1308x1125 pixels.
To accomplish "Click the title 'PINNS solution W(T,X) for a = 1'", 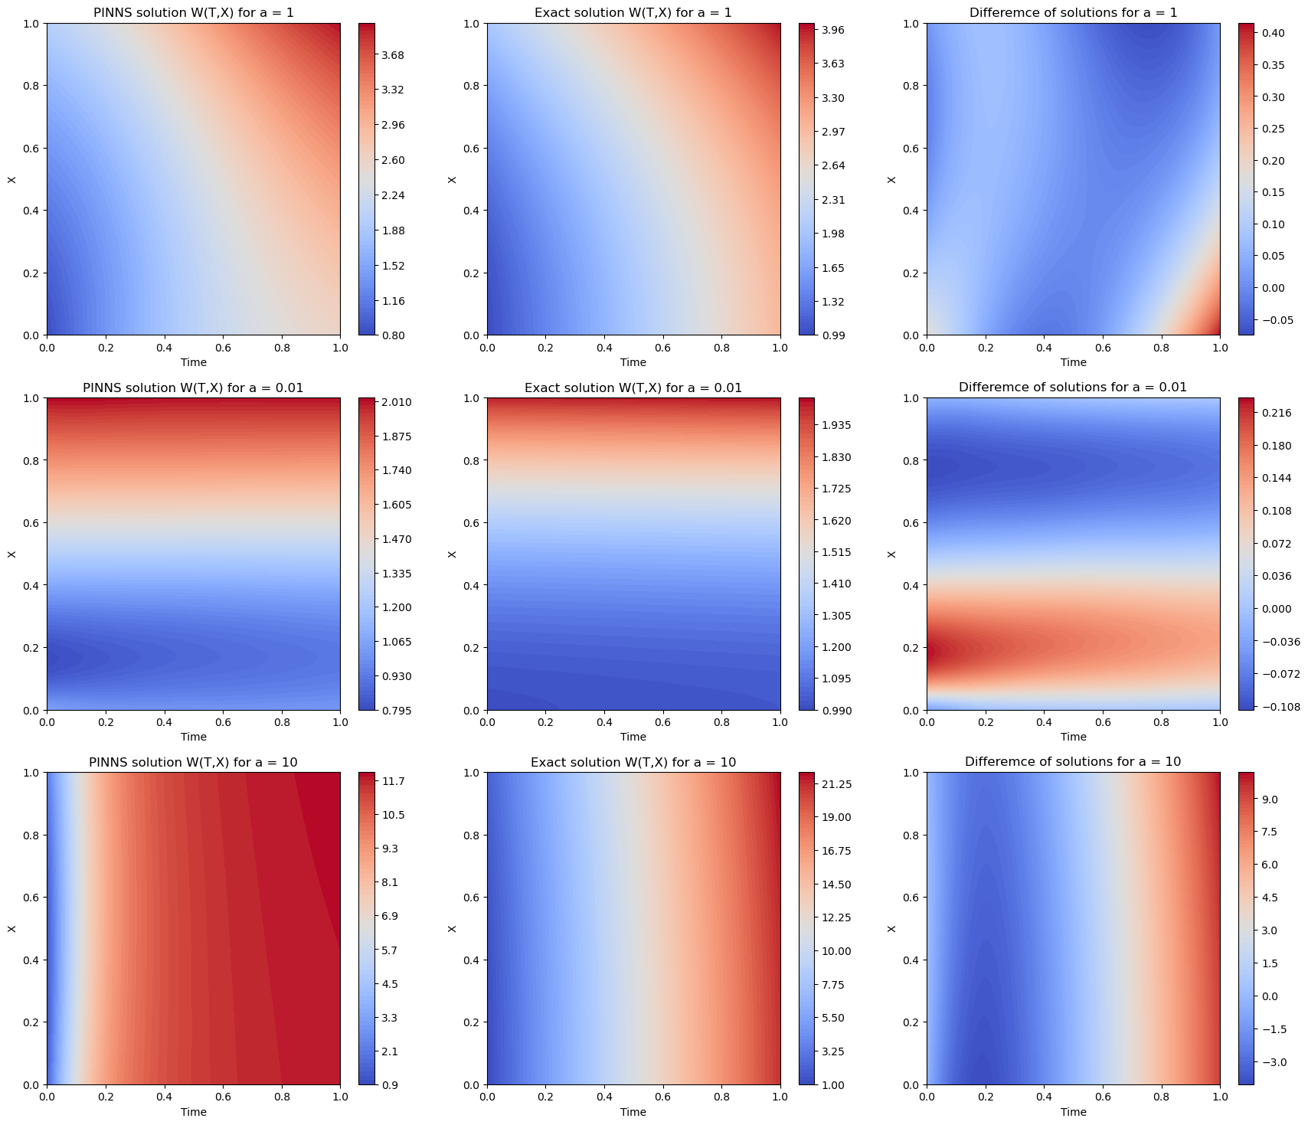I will click(x=193, y=12).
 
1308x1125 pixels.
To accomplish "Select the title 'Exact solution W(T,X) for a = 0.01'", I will click(x=633, y=388).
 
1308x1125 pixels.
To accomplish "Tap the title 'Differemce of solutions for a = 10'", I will click(x=1073, y=762).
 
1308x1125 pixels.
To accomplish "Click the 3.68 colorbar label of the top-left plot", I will click(x=393, y=55).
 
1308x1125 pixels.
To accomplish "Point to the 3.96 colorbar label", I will click(x=833, y=30).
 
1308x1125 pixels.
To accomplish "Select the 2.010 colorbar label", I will click(x=397, y=402).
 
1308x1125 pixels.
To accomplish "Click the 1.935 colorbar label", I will click(x=836, y=425).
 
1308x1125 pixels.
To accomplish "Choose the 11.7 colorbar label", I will click(x=394, y=781).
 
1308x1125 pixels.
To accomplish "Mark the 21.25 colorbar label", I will click(x=836, y=784).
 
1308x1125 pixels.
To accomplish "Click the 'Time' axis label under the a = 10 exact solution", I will click(x=633, y=1112).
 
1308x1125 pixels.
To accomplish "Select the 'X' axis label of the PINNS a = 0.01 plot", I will click(x=11, y=554).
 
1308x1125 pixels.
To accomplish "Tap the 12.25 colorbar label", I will click(x=836, y=917).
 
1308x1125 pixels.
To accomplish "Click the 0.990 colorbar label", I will click(x=836, y=711).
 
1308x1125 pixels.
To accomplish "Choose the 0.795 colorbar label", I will click(x=397, y=711).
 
